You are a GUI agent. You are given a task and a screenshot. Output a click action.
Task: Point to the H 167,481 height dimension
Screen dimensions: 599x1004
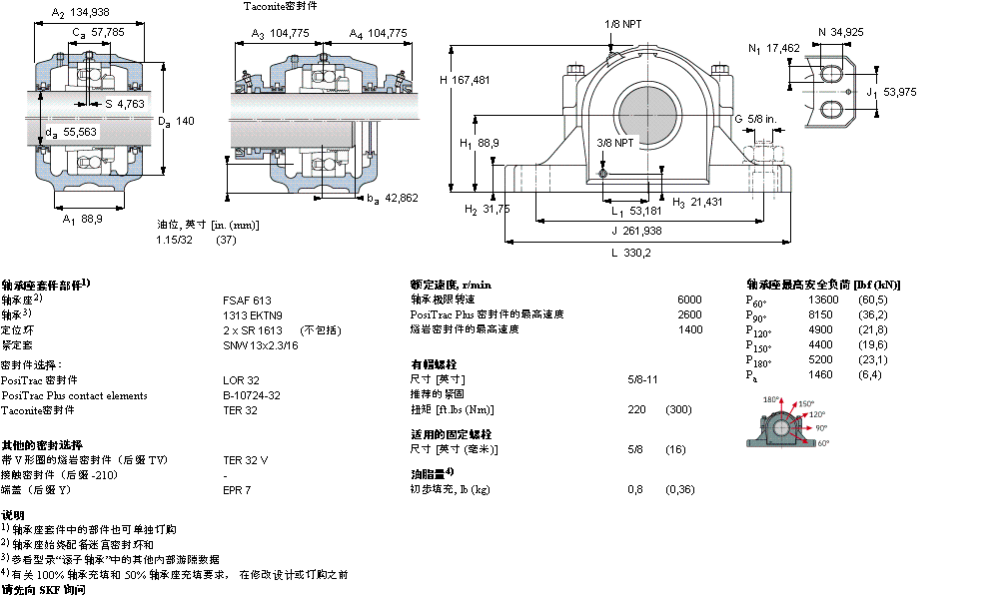click(x=465, y=80)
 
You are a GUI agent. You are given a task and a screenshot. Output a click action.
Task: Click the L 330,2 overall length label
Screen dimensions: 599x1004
click(x=630, y=253)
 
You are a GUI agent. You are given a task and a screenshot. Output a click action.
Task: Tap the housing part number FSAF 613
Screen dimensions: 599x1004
click(x=247, y=299)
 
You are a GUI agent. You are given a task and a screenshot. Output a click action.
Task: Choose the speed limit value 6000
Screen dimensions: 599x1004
click(x=689, y=299)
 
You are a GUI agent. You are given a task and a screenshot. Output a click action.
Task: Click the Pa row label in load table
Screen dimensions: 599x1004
click(x=752, y=375)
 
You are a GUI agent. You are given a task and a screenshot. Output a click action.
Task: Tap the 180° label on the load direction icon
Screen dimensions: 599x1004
click(x=771, y=400)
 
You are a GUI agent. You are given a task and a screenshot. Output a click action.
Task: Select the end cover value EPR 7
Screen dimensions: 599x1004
click(x=237, y=490)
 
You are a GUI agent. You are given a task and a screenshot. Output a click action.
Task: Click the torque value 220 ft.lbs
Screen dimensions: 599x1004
click(x=635, y=410)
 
